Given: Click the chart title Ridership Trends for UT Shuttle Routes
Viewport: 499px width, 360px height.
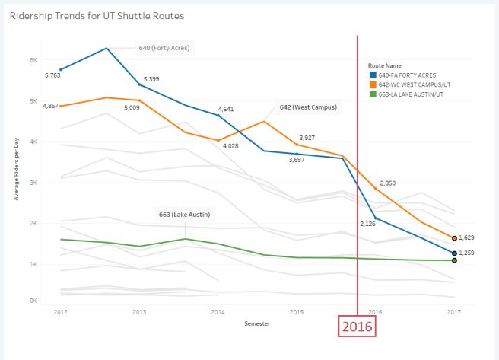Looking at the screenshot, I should tap(97, 15).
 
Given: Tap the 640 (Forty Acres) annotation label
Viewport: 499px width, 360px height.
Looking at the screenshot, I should tap(163, 48).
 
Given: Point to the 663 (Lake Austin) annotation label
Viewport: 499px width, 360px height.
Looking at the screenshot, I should tap(184, 214).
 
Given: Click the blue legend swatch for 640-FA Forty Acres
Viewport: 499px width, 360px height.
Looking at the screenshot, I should tap(372, 75).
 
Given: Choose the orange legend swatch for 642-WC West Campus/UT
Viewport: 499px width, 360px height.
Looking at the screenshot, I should tap(372, 84).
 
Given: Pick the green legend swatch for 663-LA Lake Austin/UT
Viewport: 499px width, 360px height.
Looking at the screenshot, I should tap(372, 94).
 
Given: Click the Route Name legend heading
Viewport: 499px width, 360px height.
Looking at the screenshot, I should tap(384, 65).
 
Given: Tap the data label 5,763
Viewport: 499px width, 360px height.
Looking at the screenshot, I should tap(52, 75).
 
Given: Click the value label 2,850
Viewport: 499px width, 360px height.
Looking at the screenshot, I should tap(388, 183).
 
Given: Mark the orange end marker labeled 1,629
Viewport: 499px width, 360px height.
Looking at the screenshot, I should tap(454, 238).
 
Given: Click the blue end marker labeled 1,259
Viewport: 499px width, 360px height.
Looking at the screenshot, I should tap(454, 253).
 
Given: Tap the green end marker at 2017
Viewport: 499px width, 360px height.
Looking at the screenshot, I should tap(454, 260).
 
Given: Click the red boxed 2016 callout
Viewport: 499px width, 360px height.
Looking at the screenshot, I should tap(358, 326).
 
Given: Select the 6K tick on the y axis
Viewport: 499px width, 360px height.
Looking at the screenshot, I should tap(33, 60).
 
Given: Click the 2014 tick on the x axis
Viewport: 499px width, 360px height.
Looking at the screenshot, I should tap(218, 312).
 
